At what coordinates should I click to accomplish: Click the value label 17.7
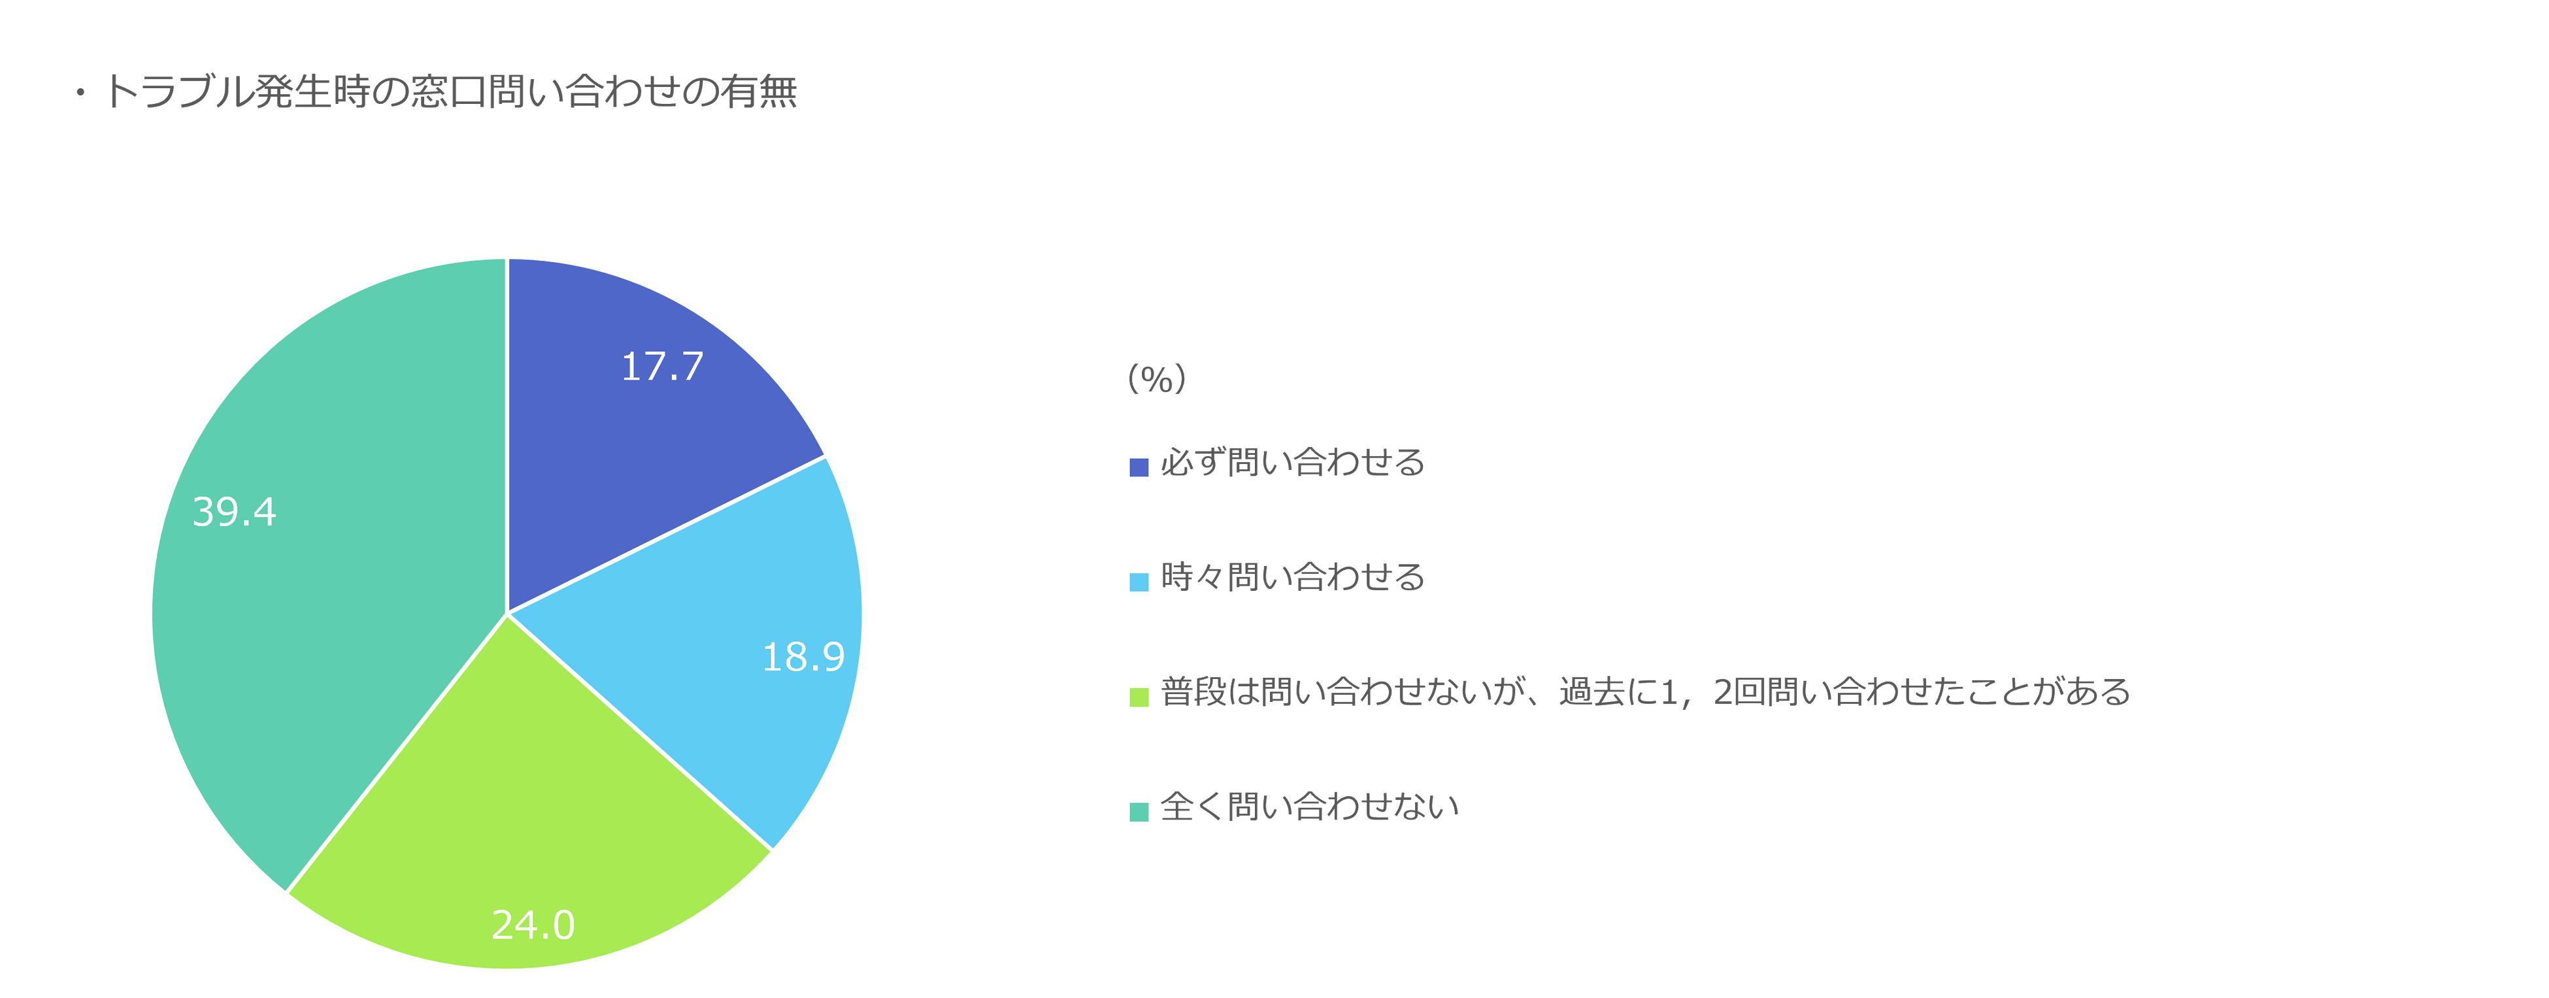coord(662,367)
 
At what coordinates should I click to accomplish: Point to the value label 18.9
coord(803,657)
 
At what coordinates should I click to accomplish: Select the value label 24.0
coord(533,925)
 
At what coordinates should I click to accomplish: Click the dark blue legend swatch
coord(1139,467)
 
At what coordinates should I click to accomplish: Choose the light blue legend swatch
coord(1139,582)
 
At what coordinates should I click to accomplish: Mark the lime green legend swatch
coord(1139,696)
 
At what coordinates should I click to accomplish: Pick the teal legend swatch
coord(1139,811)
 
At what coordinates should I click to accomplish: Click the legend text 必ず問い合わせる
coord(1292,463)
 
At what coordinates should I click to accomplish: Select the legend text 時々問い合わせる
coord(1292,578)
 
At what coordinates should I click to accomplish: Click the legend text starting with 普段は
coord(1644,692)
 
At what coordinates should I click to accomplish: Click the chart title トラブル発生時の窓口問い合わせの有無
coord(450,92)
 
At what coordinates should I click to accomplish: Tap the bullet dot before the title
coord(80,94)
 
